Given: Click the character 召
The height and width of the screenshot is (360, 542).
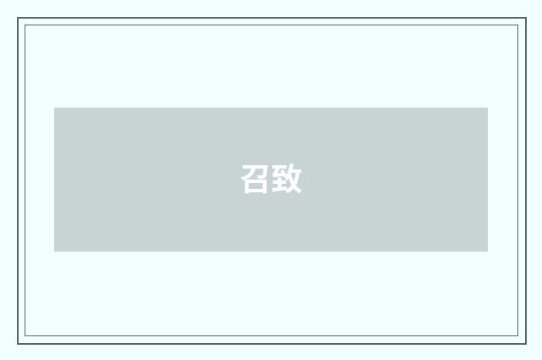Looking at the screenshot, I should click(256, 180).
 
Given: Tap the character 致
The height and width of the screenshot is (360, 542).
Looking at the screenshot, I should click(287, 180).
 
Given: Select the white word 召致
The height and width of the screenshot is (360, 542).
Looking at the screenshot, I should click(271, 180).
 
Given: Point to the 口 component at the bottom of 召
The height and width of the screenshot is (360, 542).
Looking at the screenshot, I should click(256, 186).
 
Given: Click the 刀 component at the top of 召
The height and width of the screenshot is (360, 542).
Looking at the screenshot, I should click(256, 170).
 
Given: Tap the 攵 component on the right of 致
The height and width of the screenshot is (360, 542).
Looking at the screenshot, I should click(294, 180).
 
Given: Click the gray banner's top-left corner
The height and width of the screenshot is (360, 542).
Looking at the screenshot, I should click(55, 108).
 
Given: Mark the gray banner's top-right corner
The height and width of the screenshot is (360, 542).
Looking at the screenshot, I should click(487, 108).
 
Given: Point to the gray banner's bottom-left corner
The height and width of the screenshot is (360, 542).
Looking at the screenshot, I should click(55, 251).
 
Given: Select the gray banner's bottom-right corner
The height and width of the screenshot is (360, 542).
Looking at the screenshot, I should click(487, 251).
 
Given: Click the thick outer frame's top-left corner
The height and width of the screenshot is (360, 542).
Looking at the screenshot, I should click(18, 18).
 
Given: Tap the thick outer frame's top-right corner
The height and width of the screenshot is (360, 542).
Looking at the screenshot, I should click(525, 18).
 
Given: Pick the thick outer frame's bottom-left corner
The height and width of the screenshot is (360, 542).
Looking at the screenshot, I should click(18, 343).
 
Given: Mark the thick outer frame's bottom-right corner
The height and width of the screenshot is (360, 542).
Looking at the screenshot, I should click(525, 343).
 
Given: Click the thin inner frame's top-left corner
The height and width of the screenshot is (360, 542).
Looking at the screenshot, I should click(25, 25).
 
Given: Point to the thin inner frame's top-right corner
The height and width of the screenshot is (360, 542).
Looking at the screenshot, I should click(517, 25).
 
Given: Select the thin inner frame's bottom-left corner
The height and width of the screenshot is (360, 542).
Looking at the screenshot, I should click(25, 336).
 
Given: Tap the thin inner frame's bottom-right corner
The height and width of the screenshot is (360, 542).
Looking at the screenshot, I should click(517, 336).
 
